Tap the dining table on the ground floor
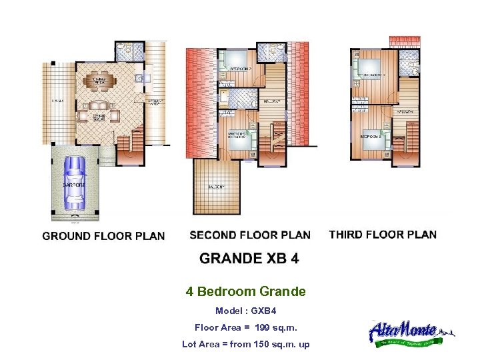(x=101, y=81)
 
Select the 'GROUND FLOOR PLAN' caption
(x=103, y=236)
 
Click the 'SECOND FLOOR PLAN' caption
(x=250, y=235)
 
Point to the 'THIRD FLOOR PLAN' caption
(x=383, y=235)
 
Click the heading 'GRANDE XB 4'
(x=249, y=259)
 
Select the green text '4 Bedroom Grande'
(x=245, y=291)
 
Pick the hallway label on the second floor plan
(x=270, y=101)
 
